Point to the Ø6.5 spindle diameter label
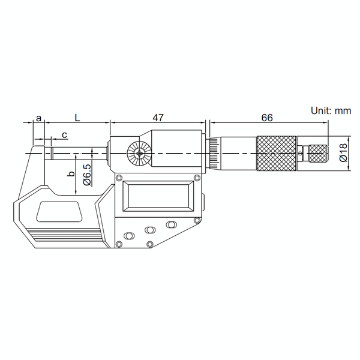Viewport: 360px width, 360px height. (87, 174)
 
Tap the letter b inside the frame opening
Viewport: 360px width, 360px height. (70, 175)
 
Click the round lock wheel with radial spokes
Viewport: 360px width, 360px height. (139, 155)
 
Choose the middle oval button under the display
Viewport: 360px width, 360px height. (150, 229)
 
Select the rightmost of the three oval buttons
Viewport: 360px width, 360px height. (172, 224)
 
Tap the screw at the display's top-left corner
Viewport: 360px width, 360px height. (119, 178)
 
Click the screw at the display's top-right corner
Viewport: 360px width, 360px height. (197, 178)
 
